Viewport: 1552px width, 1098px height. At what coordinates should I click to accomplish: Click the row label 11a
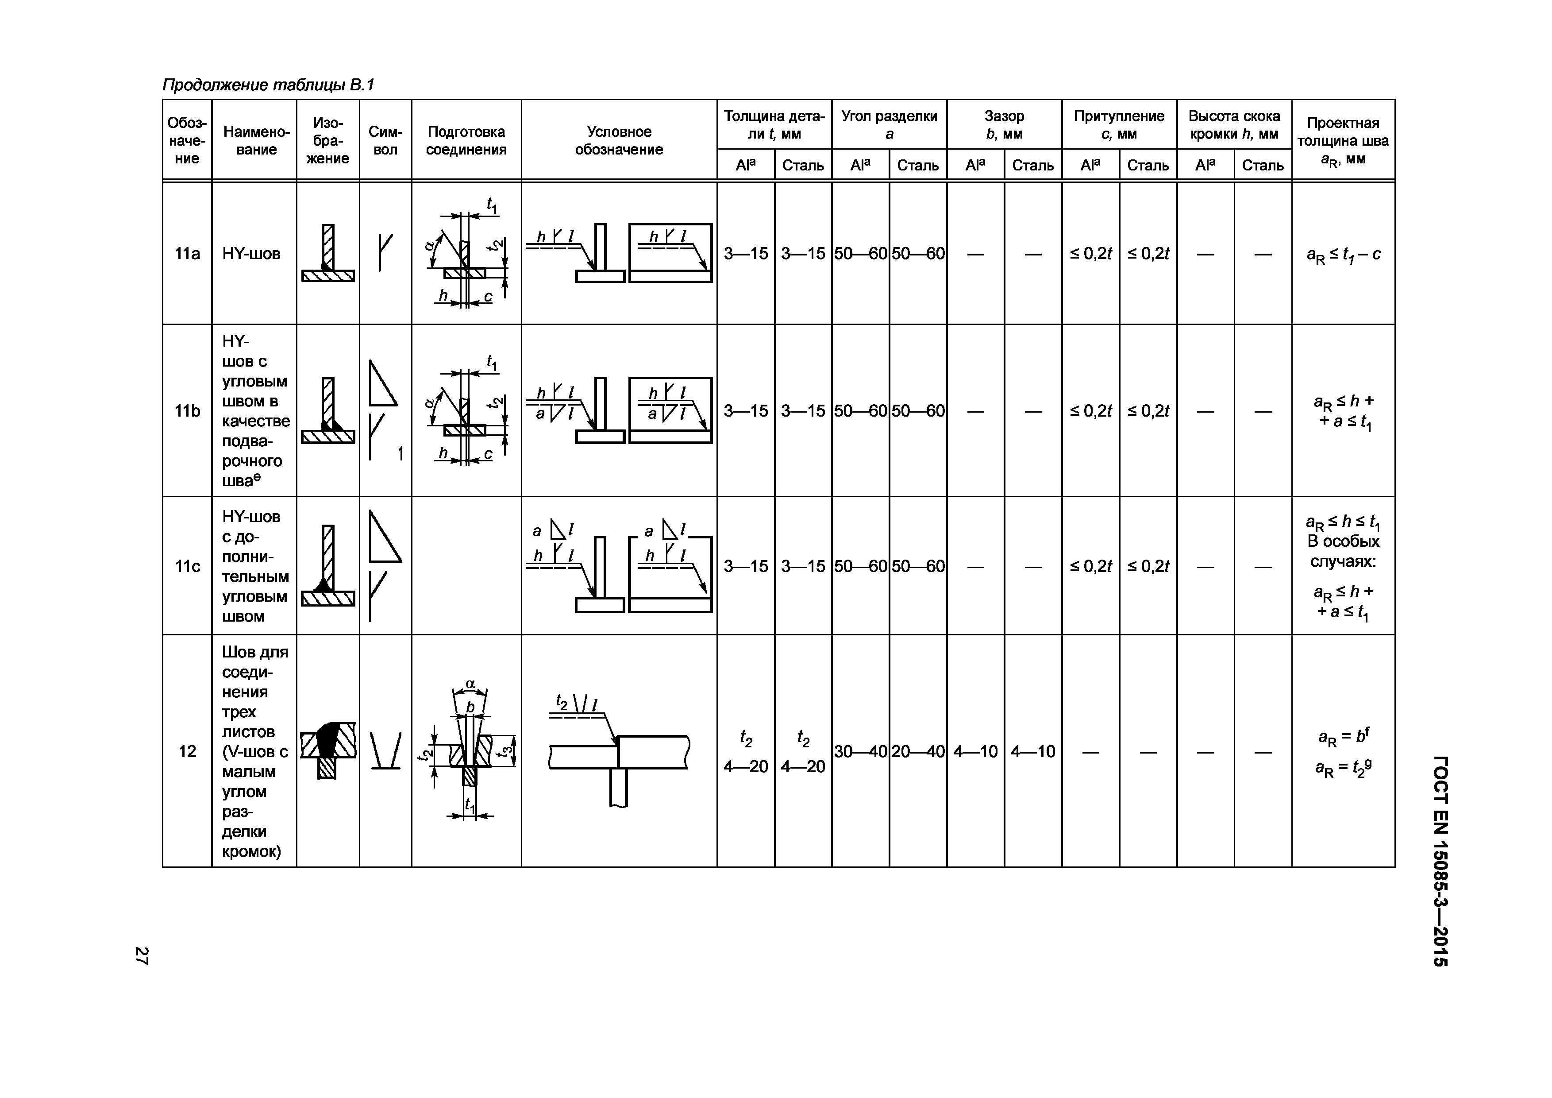point(187,254)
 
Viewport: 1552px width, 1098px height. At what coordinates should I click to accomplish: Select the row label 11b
point(187,410)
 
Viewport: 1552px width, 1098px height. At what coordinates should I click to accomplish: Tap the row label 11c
point(187,566)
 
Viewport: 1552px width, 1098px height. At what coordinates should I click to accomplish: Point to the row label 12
point(187,751)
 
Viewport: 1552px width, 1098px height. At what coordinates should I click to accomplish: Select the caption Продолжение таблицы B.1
point(268,85)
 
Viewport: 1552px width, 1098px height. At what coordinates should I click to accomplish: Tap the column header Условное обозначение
point(619,141)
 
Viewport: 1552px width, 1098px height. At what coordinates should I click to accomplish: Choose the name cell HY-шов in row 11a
point(251,254)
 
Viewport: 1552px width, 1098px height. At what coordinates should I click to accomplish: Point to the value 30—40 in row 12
point(860,751)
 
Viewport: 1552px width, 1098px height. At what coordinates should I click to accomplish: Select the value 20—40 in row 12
point(917,751)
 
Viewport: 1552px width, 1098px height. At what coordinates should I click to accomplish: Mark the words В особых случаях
point(1343,551)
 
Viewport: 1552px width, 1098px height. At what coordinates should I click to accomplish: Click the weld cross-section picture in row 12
point(328,750)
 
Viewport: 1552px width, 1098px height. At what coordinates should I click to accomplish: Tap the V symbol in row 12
point(385,750)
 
